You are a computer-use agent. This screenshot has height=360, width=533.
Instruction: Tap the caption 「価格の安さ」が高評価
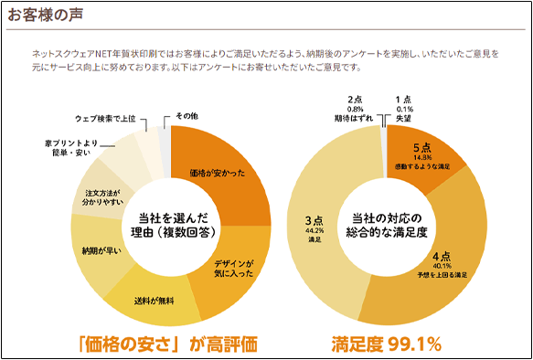[167, 344]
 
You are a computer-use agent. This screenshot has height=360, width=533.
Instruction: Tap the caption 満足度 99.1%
[387, 344]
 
